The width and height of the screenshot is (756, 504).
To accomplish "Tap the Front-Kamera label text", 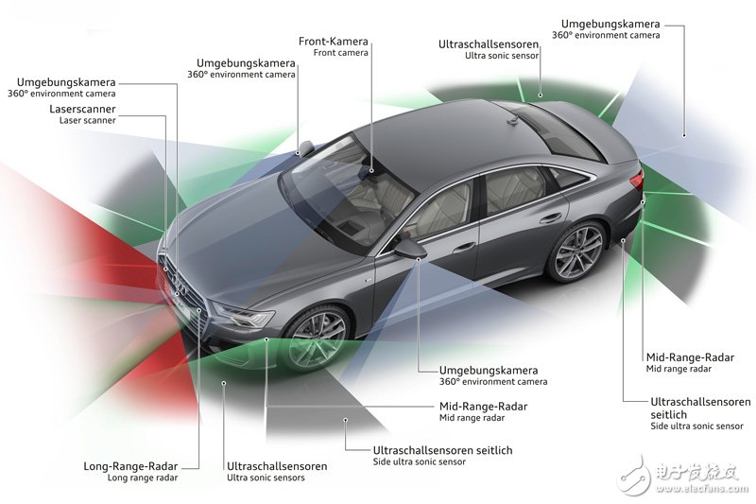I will point(334,42).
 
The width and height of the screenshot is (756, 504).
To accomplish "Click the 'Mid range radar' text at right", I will point(679,369).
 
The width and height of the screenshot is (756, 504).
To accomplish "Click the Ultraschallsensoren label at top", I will point(489,44).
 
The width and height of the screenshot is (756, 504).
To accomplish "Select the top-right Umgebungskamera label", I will point(610,23).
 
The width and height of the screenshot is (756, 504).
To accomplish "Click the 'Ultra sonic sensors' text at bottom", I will point(266,478).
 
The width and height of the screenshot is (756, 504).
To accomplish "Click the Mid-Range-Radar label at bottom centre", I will point(484,406).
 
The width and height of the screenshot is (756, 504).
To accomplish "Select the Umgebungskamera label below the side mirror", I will point(488,370).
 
